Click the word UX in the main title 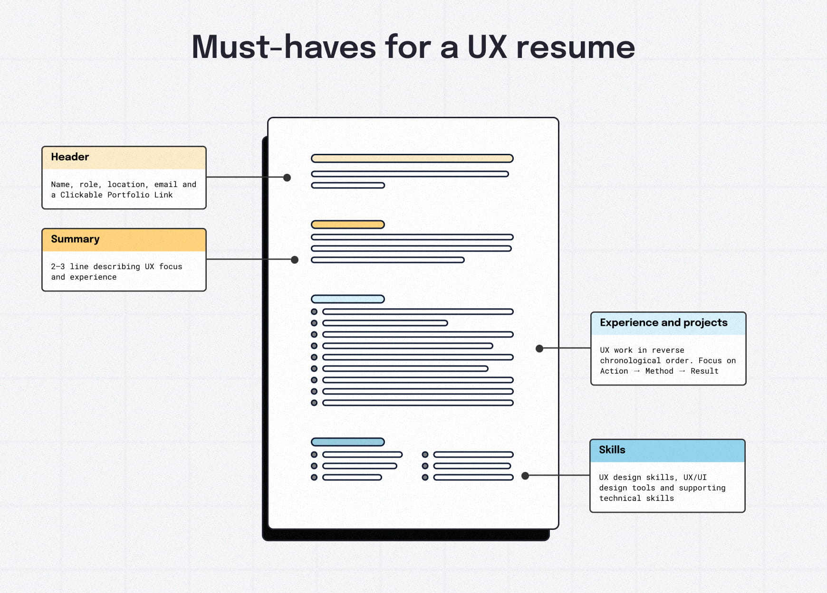487,47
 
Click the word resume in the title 576,48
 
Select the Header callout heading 70,157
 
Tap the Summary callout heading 75,239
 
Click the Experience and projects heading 664,323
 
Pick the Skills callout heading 612,450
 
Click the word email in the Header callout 165,185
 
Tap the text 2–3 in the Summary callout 58,267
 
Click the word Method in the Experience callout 659,371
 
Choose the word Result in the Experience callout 704,371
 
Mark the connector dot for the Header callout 287,178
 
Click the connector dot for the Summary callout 295,260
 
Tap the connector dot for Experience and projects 539,348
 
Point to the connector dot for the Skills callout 525,476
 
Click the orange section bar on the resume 347,225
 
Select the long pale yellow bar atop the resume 412,159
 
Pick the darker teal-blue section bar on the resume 347,442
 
